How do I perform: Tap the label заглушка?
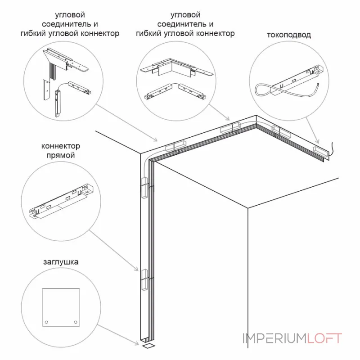[x=61, y=261]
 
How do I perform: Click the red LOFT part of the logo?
[x=324, y=338]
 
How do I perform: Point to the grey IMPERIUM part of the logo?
[x=274, y=338]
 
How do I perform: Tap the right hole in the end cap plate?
[x=75, y=322]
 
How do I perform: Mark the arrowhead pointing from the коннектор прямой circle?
[x=138, y=270]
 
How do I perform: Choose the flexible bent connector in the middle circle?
[x=174, y=90]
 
